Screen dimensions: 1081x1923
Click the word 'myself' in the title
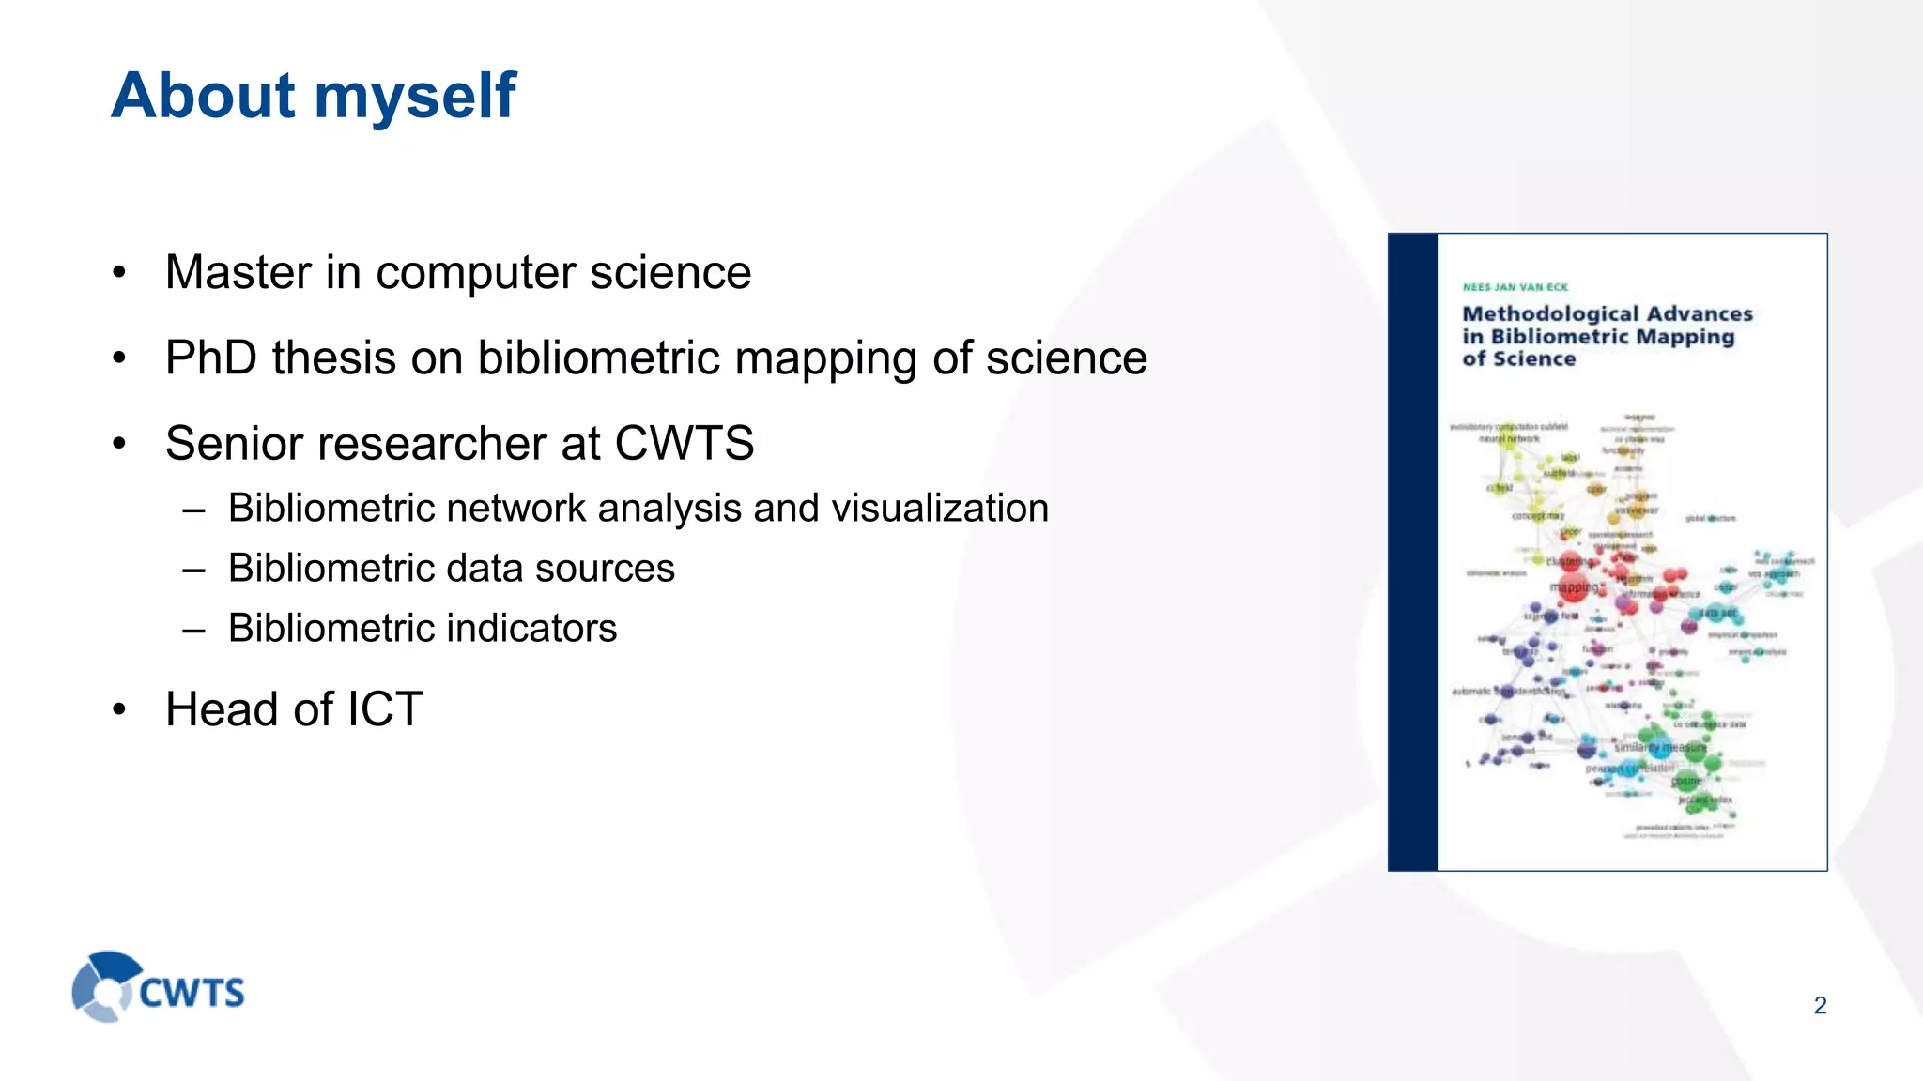(414, 97)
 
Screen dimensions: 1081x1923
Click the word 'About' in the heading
(203, 97)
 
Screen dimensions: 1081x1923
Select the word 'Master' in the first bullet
(238, 273)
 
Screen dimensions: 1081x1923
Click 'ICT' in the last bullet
(385, 709)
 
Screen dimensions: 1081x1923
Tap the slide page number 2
(1820, 1006)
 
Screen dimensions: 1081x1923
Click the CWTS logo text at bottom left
(192, 993)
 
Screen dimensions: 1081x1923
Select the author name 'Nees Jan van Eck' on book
(1515, 288)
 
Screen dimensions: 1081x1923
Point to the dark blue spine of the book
(1412, 552)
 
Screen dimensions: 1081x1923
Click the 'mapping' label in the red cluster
(1572, 587)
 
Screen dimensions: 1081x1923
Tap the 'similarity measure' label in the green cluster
(1660, 748)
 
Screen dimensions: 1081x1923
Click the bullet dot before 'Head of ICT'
(118, 710)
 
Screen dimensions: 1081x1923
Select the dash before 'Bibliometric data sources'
(194, 570)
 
